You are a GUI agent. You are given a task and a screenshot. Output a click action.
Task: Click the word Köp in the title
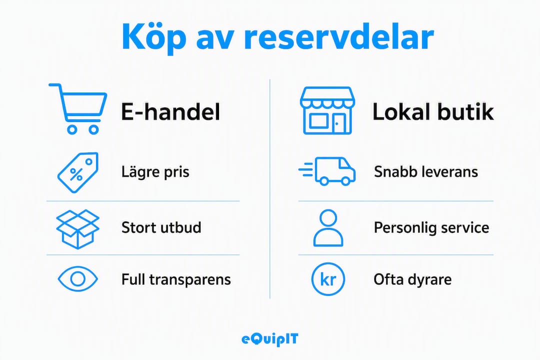pos(154,37)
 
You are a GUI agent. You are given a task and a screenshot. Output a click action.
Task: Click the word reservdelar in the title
pos(338,36)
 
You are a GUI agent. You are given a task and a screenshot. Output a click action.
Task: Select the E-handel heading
pos(170,112)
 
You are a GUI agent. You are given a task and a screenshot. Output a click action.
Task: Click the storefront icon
pos(327,110)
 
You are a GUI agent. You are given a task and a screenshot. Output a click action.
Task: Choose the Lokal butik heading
pos(433,112)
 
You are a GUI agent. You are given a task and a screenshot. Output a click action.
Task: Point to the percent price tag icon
pos(78,172)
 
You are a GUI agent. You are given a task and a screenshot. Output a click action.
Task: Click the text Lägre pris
pos(155,172)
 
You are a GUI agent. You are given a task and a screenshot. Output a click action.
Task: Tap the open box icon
pos(78,228)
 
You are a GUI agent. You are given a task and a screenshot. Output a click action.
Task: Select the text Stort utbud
pos(161,227)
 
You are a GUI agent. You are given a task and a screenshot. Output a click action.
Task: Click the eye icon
pos(78,278)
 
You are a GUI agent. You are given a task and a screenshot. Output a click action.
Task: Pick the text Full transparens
pos(176,279)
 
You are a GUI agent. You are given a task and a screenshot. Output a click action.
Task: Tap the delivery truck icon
pos(327,171)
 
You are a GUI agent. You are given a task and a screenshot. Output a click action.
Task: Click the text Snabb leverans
pos(426,171)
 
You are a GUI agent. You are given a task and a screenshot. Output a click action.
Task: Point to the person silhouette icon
pos(328,227)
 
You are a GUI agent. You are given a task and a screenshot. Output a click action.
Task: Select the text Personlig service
pos(431,227)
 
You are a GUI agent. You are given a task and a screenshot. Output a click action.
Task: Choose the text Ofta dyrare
pos(412,279)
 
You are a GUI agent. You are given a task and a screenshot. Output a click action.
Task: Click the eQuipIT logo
pos(269,339)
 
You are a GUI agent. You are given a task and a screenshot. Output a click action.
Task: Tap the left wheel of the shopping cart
pos(72,129)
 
